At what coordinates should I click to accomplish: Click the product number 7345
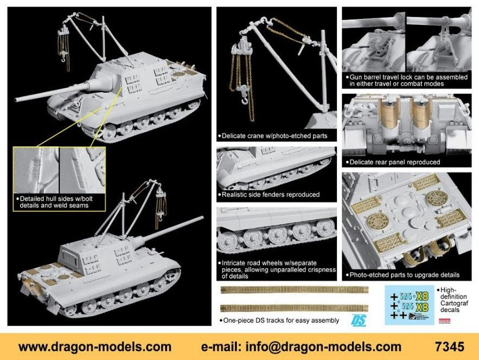(449, 347)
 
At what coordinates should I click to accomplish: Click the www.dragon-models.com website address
(95, 347)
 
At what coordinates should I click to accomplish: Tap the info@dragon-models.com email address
(323, 347)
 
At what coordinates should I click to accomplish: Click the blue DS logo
(359, 320)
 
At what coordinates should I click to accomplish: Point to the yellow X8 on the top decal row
(422, 296)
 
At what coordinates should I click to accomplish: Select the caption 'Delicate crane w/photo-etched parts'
(274, 136)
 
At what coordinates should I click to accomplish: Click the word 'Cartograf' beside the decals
(454, 303)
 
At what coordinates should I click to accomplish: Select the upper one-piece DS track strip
(295, 290)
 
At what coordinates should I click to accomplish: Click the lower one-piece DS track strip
(295, 308)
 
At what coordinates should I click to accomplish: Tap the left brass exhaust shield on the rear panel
(389, 113)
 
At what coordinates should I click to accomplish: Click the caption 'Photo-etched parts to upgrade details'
(403, 275)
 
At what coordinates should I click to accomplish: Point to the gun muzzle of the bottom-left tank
(202, 218)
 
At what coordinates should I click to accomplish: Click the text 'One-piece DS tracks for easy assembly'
(279, 320)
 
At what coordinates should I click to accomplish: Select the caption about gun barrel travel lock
(407, 80)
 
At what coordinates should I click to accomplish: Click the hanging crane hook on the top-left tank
(63, 59)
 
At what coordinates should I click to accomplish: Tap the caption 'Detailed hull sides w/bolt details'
(54, 202)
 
